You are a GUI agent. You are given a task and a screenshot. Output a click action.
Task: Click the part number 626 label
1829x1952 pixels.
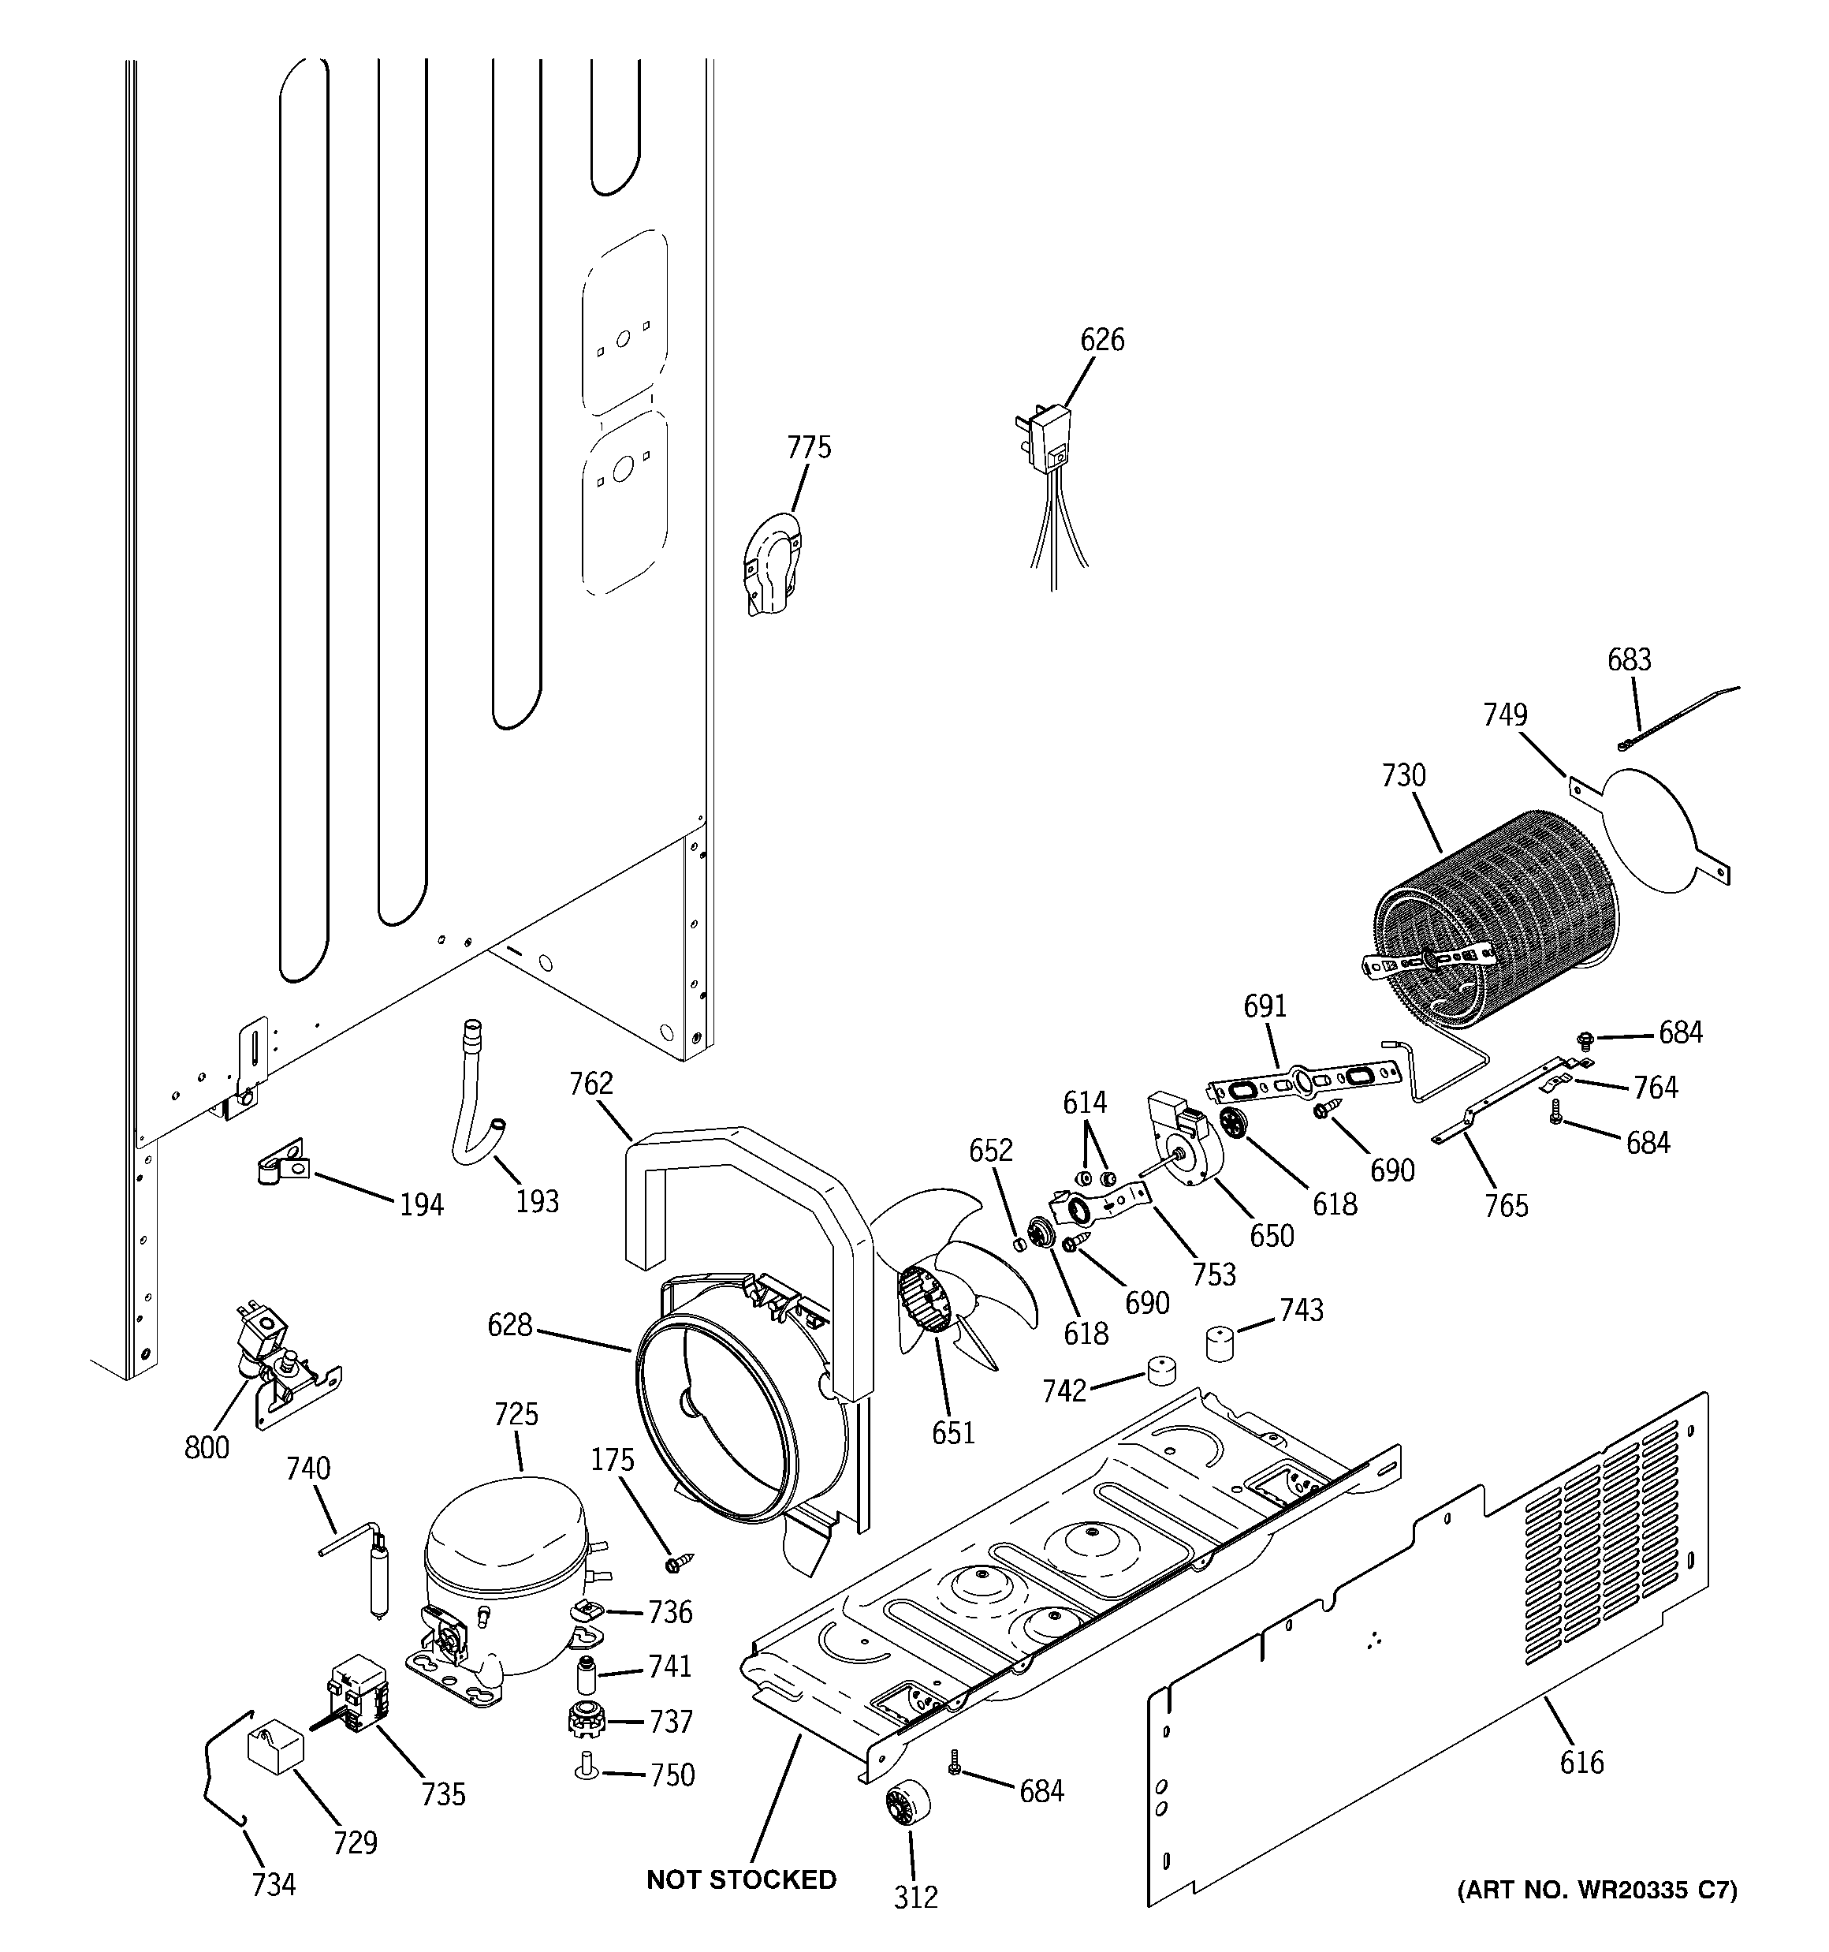[x=1101, y=340]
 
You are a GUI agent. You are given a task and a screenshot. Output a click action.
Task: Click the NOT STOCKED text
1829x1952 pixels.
[x=741, y=1879]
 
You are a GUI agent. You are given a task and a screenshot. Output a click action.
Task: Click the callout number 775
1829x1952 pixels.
[x=809, y=448]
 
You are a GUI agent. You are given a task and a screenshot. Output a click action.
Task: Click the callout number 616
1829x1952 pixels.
[x=1581, y=1763]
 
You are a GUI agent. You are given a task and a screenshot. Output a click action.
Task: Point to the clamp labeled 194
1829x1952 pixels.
[x=284, y=1166]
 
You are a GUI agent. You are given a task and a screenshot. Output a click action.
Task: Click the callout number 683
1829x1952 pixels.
[x=1629, y=660]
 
